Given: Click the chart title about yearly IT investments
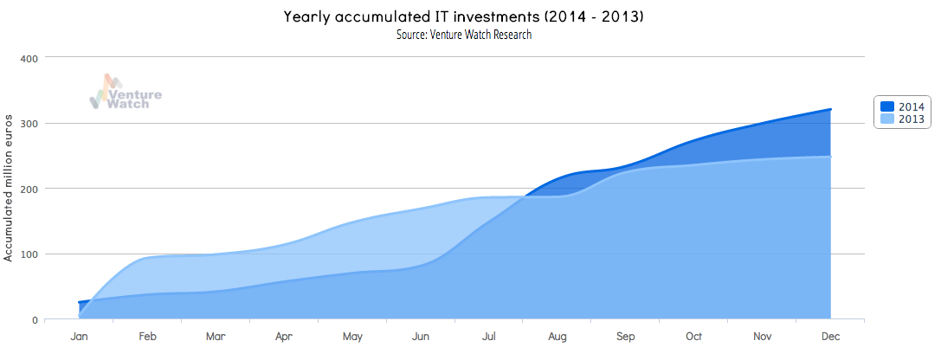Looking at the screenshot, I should [463, 16].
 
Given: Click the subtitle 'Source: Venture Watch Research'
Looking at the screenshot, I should [463, 35].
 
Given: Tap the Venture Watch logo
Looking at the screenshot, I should [126, 93].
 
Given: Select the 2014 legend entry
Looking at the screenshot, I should [902, 106].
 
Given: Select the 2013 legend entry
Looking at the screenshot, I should [902, 119].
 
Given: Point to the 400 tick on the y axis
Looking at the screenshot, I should [29, 58].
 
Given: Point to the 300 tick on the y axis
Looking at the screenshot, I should [29, 124].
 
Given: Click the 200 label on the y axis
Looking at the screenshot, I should [29, 189].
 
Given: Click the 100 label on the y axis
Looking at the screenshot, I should [29, 254].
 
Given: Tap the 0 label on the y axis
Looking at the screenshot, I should [35, 320].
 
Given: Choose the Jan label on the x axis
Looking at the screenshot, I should [79, 337].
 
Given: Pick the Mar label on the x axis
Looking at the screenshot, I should [216, 337].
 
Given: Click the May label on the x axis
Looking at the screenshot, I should [352, 337].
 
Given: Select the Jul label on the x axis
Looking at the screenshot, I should [488, 337].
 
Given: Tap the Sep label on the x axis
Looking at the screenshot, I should [625, 337].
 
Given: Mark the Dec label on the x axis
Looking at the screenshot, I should [830, 337].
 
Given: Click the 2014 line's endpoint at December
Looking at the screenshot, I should [830, 110].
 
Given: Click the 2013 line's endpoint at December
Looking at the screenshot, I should [830, 157].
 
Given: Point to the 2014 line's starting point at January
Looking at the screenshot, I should [79, 303].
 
